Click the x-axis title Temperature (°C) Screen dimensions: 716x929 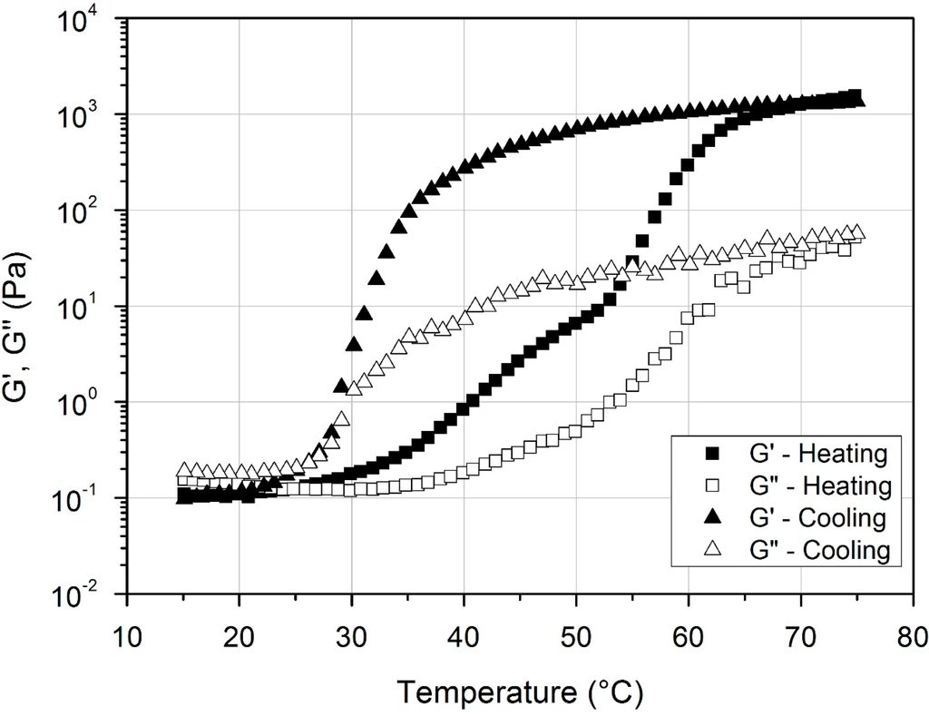522,693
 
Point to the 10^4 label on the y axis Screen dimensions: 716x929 91,20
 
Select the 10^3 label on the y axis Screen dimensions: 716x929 91,115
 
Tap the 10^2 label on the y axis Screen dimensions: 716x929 91,211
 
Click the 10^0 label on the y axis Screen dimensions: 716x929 91,403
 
